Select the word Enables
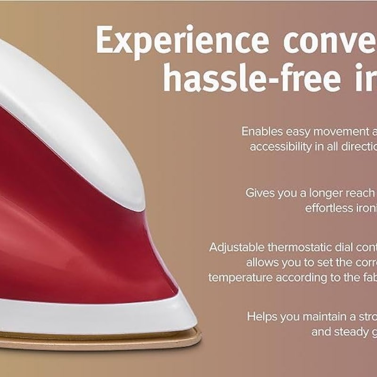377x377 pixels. click(x=261, y=131)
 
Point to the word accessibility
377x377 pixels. click(x=280, y=147)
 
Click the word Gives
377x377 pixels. click(x=259, y=193)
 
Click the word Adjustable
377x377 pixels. click(x=237, y=247)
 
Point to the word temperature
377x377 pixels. click(x=240, y=278)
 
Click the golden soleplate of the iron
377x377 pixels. click(x=94, y=338)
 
